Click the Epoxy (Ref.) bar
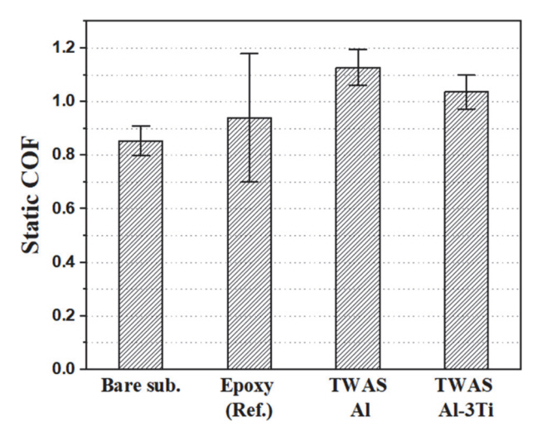(x=249, y=243)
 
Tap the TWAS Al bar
(x=358, y=218)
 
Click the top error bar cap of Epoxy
(x=249, y=54)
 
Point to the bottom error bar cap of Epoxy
(x=249, y=182)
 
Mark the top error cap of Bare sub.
(x=141, y=127)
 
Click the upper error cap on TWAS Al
(x=358, y=50)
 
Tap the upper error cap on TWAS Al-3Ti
(x=467, y=75)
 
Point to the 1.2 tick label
(x=66, y=48)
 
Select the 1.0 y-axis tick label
(x=66, y=102)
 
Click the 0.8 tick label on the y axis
(x=66, y=156)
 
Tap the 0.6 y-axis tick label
(x=66, y=209)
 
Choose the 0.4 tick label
(x=66, y=263)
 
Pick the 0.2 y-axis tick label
(x=66, y=316)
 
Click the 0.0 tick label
(x=66, y=369)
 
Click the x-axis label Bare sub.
(x=141, y=386)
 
